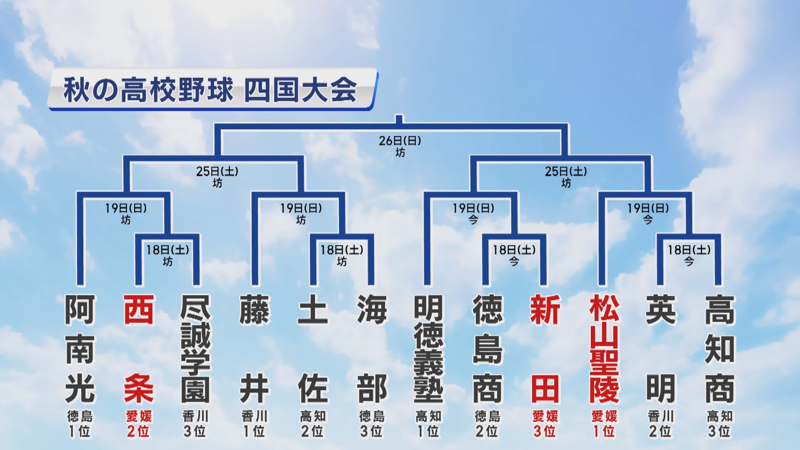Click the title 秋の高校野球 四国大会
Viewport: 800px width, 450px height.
(x=210, y=90)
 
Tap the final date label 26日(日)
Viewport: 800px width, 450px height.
(x=400, y=141)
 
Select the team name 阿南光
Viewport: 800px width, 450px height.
(x=80, y=349)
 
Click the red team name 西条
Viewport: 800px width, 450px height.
(x=139, y=349)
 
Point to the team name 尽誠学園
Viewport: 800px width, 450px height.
(x=195, y=349)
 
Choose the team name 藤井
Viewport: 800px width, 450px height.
(x=254, y=349)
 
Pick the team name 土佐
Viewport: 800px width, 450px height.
(x=313, y=349)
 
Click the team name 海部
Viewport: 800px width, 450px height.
(x=372, y=349)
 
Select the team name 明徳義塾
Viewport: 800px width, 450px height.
(x=428, y=349)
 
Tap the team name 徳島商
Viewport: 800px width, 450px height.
(x=487, y=349)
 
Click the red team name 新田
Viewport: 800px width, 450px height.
(x=545, y=349)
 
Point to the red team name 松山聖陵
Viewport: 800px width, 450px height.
(x=604, y=349)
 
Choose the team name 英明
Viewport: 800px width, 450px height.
(x=661, y=349)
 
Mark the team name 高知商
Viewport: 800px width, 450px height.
(x=720, y=349)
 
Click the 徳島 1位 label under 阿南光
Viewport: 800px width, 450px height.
(x=80, y=424)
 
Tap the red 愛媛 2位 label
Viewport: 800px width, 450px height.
(x=139, y=424)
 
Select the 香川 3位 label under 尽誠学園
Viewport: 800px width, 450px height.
(x=195, y=424)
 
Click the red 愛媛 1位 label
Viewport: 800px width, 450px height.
(x=604, y=424)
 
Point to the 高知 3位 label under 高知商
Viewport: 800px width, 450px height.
(x=720, y=424)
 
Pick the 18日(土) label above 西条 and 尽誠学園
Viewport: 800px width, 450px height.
(x=167, y=250)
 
